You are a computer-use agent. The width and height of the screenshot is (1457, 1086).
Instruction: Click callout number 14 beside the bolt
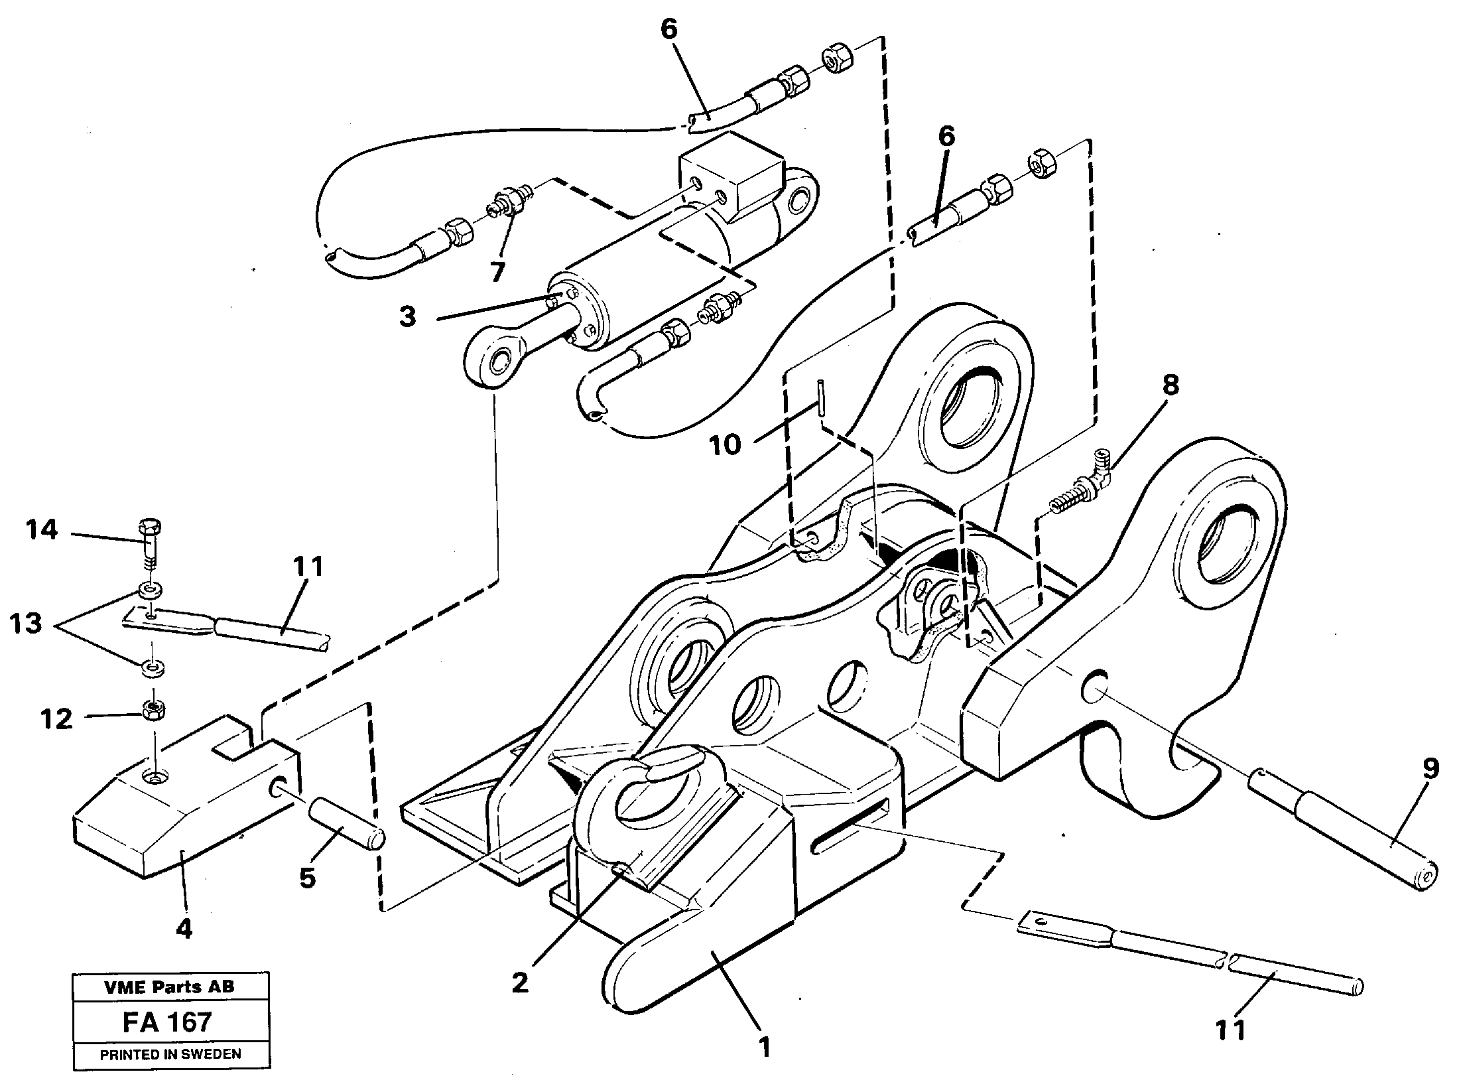(x=41, y=530)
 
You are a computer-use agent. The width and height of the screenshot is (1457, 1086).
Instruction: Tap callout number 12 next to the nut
(x=56, y=718)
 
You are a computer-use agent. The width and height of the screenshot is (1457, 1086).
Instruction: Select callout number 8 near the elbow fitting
(x=1170, y=385)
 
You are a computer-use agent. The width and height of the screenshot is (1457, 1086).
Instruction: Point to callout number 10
(x=726, y=444)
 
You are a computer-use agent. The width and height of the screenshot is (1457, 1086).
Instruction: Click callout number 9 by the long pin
(x=1430, y=770)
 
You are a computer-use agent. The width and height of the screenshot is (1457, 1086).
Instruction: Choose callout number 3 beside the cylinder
(x=407, y=316)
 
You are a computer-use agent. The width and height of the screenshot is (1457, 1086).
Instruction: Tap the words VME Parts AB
(x=170, y=986)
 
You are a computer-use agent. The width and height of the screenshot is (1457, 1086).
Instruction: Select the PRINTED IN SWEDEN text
(x=170, y=1054)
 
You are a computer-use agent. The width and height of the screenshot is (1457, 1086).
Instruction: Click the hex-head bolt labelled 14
(x=151, y=537)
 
